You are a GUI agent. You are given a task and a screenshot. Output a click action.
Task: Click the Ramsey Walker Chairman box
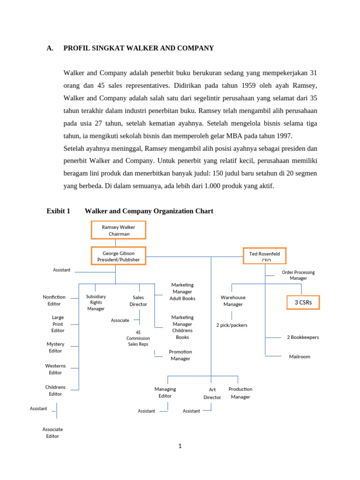(x=119, y=230)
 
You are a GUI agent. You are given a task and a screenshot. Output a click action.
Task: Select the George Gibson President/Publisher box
(x=119, y=256)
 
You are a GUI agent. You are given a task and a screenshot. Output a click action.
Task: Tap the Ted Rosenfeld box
(x=264, y=256)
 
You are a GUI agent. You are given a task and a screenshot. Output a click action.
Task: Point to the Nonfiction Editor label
(x=54, y=300)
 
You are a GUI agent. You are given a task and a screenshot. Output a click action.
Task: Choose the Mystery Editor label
(x=55, y=347)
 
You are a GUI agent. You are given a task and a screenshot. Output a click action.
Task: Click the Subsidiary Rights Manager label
(x=96, y=302)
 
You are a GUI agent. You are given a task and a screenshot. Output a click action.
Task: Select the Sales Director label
(x=138, y=300)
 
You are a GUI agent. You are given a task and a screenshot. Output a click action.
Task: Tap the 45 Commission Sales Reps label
(x=138, y=338)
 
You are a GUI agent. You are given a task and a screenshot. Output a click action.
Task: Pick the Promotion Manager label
(x=180, y=355)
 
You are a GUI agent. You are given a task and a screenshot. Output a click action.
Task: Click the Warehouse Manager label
(x=233, y=300)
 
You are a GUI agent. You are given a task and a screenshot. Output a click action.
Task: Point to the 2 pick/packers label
(x=232, y=325)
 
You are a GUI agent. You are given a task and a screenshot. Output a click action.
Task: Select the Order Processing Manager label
(x=298, y=275)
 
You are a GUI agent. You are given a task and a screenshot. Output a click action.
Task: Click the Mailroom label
(x=300, y=357)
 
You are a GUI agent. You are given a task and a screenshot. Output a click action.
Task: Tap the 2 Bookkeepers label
(x=303, y=337)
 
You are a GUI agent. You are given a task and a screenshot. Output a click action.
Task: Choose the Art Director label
(x=212, y=393)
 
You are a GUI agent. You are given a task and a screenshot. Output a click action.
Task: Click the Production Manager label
(x=240, y=393)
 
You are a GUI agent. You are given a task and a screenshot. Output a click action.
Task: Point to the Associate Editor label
(x=52, y=433)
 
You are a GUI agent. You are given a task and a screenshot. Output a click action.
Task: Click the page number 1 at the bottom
(x=180, y=446)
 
